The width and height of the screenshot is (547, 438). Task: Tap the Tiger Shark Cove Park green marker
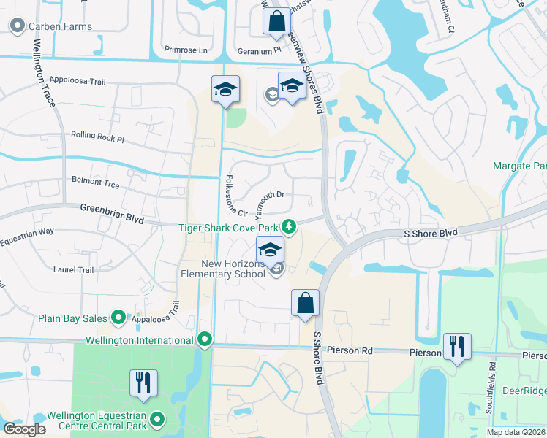[290, 226]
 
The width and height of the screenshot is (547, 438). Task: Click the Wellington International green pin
[205, 339]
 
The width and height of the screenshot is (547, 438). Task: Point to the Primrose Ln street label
[186, 51]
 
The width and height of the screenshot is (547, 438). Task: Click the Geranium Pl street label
[259, 51]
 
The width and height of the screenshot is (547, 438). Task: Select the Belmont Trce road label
[96, 179]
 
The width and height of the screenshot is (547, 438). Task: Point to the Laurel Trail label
[74, 269]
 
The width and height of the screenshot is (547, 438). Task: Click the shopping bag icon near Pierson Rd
[305, 303]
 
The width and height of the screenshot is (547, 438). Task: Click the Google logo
[24, 429]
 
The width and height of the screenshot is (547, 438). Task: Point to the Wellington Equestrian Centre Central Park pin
[156, 420]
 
